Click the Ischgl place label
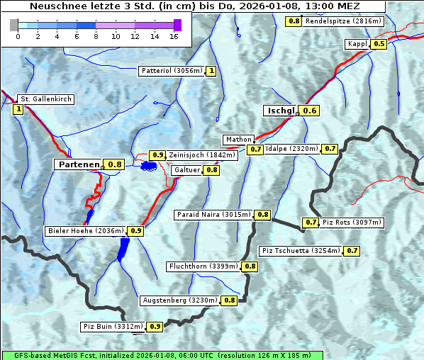point(281,110)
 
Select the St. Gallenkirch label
point(45,99)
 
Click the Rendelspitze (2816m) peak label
point(345,21)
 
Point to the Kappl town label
point(357,44)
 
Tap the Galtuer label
point(186,170)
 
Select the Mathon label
point(238,140)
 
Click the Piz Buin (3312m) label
point(113,327)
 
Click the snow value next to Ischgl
point(310,110)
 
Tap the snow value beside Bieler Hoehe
point(136,230)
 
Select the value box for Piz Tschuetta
point(352,250)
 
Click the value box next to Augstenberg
point(230,300)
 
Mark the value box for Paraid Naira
point(263,215)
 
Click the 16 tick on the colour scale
point(174,35)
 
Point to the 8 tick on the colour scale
point(96,35)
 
